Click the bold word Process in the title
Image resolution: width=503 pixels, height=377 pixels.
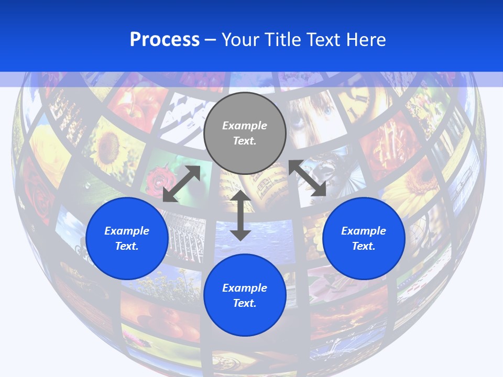(165, 39)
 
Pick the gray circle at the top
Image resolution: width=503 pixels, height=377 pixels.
(245, 133)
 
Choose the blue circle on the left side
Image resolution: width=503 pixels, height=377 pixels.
(127, 238)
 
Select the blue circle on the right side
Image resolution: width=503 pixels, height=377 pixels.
(364, 238)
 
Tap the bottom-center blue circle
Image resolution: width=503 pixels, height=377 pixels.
(245, 295)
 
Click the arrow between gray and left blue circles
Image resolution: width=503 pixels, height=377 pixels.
(181, 183)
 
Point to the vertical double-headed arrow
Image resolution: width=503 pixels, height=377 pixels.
(240, 215)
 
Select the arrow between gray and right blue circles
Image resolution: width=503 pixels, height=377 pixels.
(308, 178)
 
